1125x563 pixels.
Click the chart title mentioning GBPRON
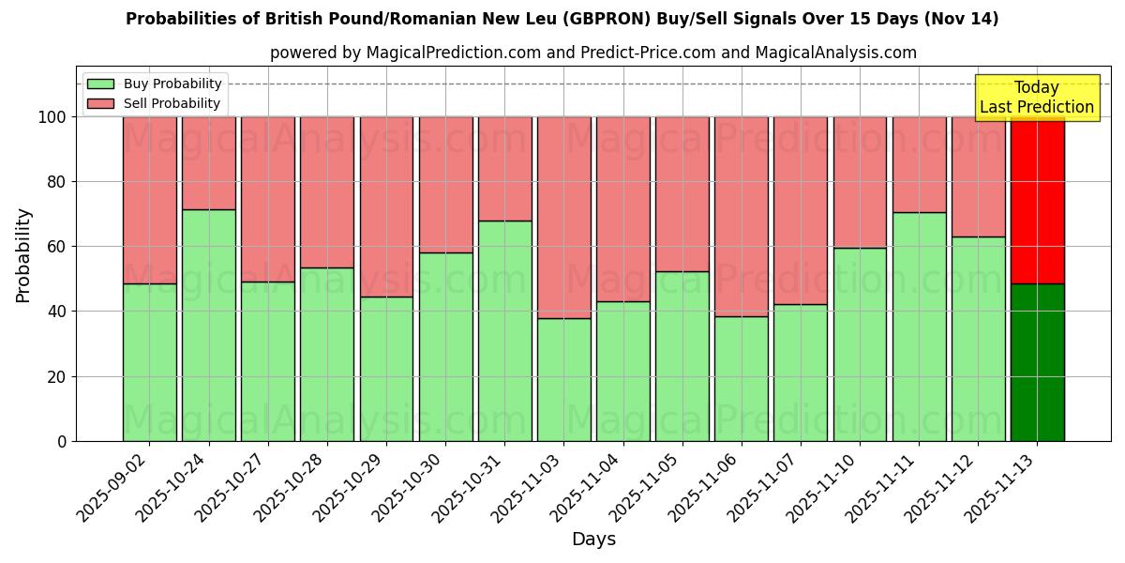(x=562, y=19)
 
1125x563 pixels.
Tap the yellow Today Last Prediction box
(x=1036, y=98)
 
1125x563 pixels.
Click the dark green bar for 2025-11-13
(x=1037, y=362)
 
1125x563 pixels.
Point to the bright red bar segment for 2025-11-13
(x=1037, y=200)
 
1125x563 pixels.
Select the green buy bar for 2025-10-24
(x=208, y=326)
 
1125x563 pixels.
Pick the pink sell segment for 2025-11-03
(x=563, y=218)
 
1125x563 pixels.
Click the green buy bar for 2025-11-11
(x=919, y=327)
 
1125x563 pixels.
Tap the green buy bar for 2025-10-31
(x=504, y=330)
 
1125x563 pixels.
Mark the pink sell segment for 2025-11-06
(x=741, y=217)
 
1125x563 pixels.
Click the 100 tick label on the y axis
(x=52, y=117)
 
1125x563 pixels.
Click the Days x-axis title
(x=593, y=540)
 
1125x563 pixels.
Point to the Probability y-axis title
(x=23, y=255)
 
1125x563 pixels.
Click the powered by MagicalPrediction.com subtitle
(x=592, y=53)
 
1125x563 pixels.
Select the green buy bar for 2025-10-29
(x=386, y=369)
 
